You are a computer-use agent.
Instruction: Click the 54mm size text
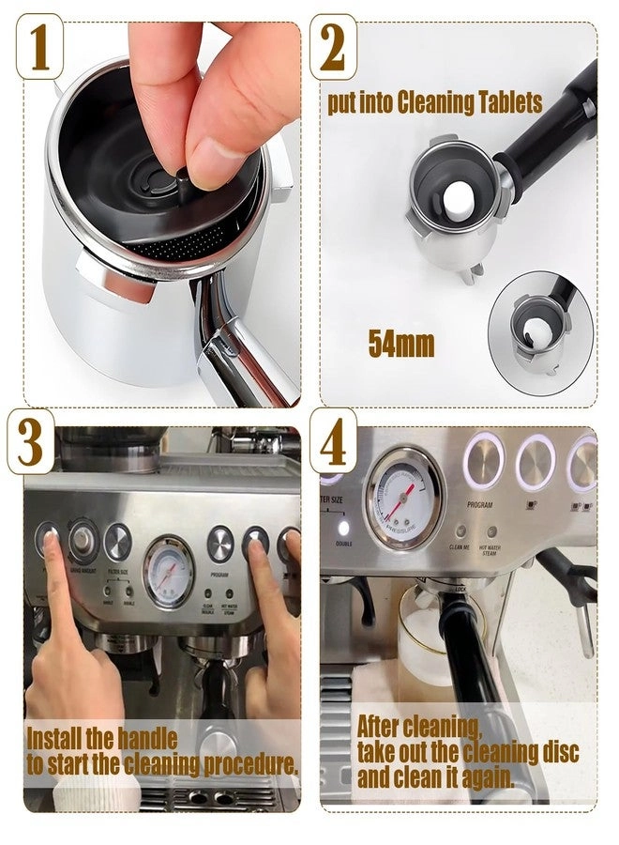tap(400, 344)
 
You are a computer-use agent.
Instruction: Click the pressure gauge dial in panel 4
tap(405, 510)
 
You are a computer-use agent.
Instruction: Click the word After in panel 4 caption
tap(385, 726)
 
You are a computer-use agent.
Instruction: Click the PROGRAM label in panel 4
tap(479, 504)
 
